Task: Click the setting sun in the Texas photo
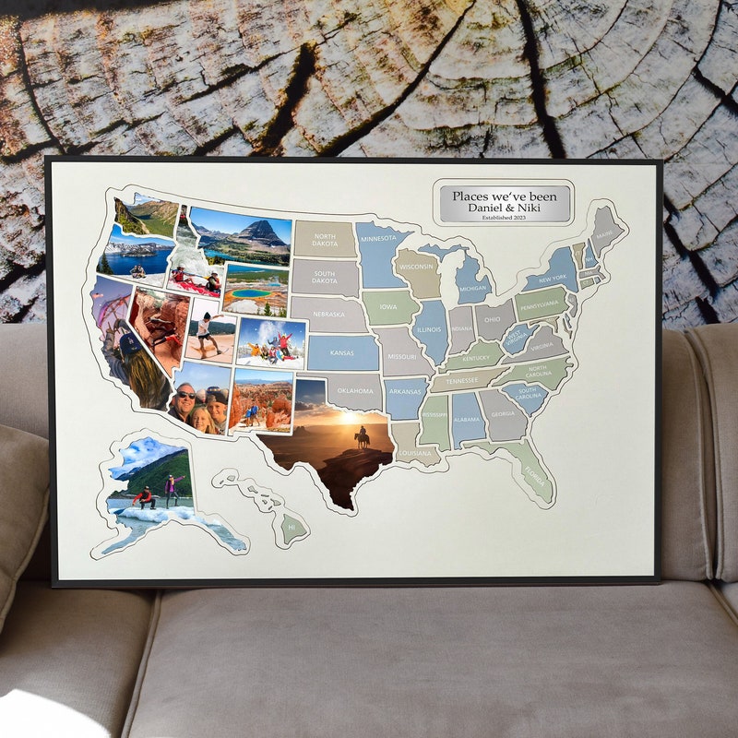click(x=350, y=417)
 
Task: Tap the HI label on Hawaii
click(x=292, y=528)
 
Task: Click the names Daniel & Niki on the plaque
click(x=505, y=208)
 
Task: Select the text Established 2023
click(x=505, y=219)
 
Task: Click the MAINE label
click(x=604, y=234)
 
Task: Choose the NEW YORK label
click(x=553, y=279)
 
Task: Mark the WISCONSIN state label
click(x=416, y=267)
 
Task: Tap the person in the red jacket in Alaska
click(x=145, y=497)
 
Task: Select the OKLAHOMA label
click(x=355, y=391)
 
